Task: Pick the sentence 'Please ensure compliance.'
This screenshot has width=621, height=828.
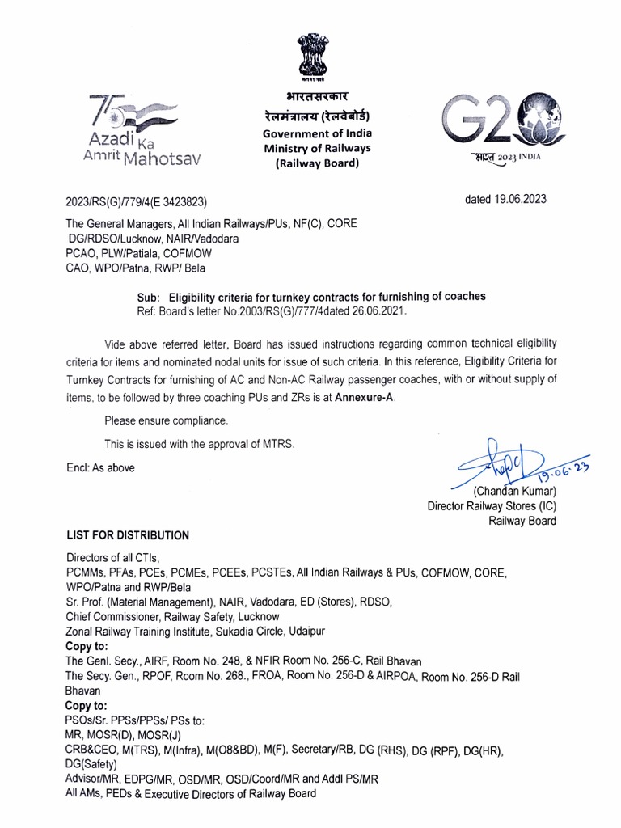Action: coord(167,420)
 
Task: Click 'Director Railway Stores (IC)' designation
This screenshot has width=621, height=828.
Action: coord(492,506)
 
